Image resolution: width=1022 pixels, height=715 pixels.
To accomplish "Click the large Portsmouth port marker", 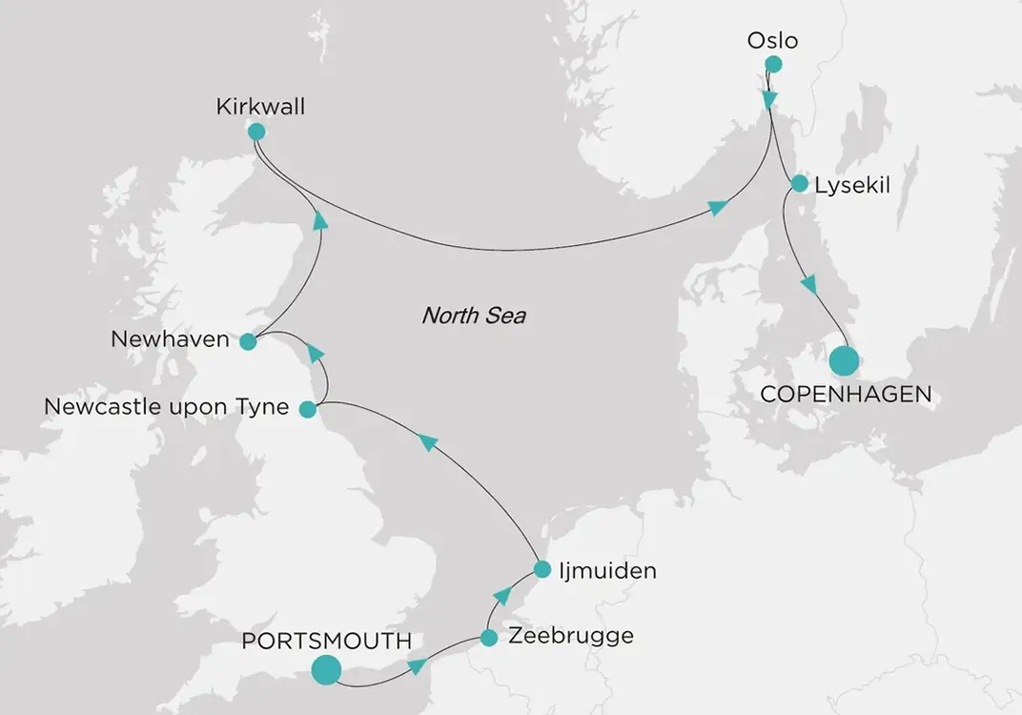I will point(326,669).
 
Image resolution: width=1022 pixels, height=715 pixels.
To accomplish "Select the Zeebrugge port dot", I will point(488,638).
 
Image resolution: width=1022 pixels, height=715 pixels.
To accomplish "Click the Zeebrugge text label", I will point(570,636).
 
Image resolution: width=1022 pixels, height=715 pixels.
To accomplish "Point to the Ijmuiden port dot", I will point(542,570).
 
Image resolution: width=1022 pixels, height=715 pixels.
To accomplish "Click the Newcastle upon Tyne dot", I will point(307,410).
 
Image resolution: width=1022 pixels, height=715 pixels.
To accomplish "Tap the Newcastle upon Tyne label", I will point(166,408).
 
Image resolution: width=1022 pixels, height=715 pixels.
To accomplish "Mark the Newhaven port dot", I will point(248,341).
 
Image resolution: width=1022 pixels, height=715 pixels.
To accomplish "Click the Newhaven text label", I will point(170,339).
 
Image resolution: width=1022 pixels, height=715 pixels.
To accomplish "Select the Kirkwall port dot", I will point(255,133).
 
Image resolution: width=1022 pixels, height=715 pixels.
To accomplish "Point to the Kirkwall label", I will point(260,107).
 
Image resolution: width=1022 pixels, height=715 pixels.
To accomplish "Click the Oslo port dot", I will point(773,65).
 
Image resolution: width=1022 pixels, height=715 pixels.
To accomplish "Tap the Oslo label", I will point(772,41).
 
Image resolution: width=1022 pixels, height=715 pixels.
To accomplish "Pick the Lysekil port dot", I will point(799,183).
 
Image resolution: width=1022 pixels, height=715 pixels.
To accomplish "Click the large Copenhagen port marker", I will point(843,361).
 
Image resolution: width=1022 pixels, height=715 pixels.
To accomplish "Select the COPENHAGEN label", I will point(845,394).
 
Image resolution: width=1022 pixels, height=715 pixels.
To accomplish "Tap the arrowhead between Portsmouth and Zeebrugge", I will point(416,665).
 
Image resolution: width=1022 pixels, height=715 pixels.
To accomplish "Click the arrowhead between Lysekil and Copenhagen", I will point(809,284).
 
